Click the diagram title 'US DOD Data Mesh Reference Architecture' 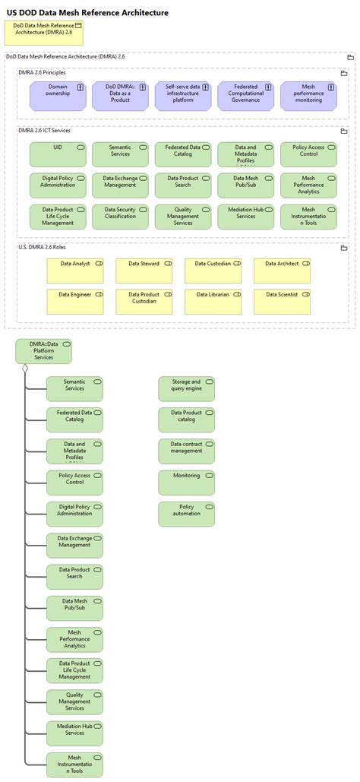(x=88, y=13)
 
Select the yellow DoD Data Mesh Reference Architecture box (x=44, y=33)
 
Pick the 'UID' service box (x=58, y=154)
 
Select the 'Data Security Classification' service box (x=120, y=217)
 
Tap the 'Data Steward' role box (x=144, y=271)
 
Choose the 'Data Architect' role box (x=282, y=271)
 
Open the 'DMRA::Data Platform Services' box (x=43, y=351)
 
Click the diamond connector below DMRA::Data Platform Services (x=25, y=369)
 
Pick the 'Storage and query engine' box (x=186, y=389)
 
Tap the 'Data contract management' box (x=186, y=451)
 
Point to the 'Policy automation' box (x=186, y=514)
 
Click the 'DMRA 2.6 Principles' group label (x=43, y=72)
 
